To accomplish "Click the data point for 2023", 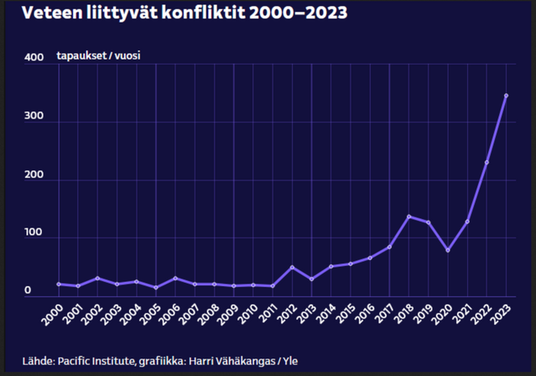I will (506, 96).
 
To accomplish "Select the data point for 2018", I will (409, 217).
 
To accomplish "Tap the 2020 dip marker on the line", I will (447, 250).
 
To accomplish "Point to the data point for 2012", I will (292, 267).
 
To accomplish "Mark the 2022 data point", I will (487, 162).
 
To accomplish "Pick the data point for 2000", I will (59, 284).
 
